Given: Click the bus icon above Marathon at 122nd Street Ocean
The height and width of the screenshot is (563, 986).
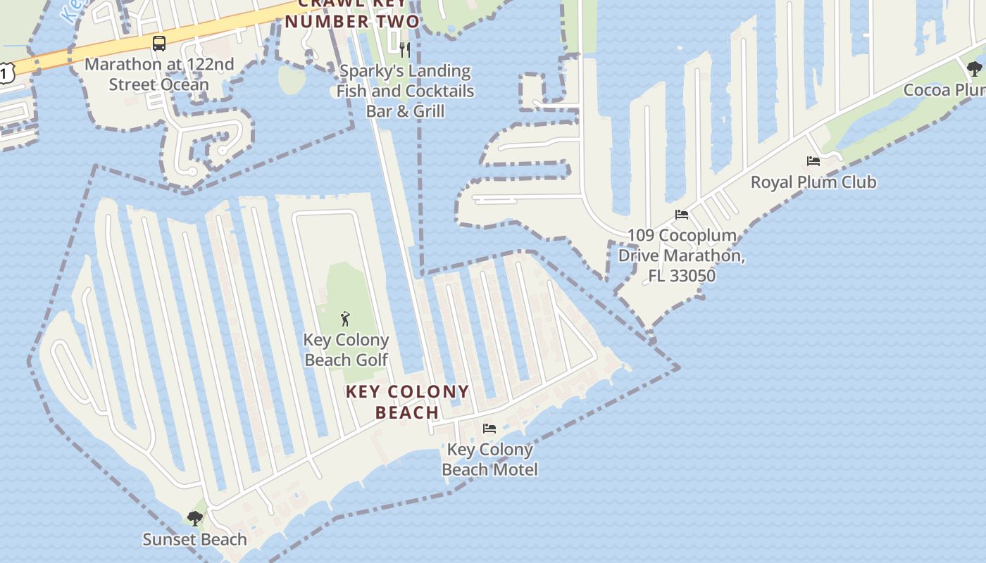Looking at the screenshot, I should [159, 44].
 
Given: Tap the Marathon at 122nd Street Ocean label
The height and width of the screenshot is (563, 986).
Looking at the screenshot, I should [159, 75].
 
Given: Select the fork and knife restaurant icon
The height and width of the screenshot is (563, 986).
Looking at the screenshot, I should [405, 49].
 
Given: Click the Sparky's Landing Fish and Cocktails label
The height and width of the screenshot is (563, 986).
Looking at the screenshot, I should [405, 91].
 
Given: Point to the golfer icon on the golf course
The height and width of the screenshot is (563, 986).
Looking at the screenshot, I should [345, 319].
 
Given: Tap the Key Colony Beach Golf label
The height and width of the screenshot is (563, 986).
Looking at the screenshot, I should [346, 350].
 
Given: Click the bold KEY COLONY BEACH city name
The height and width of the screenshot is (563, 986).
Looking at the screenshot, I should [407, 402].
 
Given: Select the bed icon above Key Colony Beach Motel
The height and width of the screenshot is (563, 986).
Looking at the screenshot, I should [489, 428].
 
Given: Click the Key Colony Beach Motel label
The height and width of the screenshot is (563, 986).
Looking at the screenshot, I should [489, 460].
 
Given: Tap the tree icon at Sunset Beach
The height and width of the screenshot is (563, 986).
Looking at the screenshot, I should [195, 519].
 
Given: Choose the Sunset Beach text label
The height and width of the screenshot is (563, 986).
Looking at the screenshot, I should [194, 540].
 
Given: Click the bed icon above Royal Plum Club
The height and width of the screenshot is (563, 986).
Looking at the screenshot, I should [813, 161].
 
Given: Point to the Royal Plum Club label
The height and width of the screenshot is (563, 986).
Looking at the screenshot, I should [813, 182].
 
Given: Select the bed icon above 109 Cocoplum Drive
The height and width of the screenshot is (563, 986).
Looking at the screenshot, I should [681, 215].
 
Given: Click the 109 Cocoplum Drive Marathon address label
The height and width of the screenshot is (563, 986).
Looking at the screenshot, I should [681, 255].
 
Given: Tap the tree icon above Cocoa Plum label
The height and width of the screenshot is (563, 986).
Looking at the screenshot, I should [975, 69].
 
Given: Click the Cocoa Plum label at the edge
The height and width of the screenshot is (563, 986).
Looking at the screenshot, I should [944, 90].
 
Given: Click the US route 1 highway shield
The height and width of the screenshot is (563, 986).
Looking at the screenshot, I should [6, 72].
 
